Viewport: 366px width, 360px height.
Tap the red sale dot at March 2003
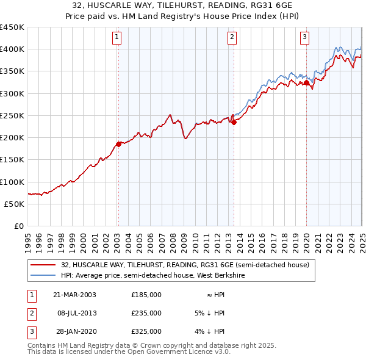119,144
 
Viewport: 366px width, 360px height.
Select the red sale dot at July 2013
234,122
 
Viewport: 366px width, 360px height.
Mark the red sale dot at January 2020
307,82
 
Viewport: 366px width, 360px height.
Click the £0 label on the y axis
19,226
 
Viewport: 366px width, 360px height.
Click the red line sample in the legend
43,265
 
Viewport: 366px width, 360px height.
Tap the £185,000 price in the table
146,295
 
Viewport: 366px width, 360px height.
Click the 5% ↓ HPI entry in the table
209,313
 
